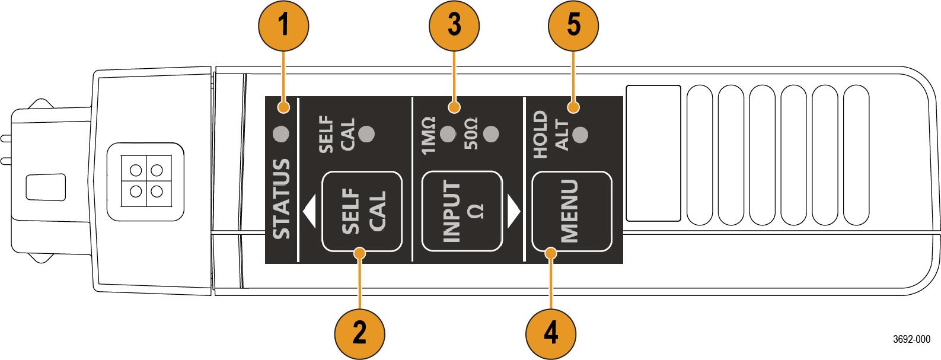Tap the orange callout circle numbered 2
tap(359, 332)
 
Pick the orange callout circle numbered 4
tap(551, 332)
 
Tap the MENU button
tap(571, 212)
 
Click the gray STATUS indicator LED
tap(280, 135)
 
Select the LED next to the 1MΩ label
tap(449, 133)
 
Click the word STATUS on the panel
tap(282, 199)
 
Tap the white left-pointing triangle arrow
tap(309, 212)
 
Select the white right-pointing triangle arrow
tap(513, 212)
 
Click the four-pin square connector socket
tap(143, 181)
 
